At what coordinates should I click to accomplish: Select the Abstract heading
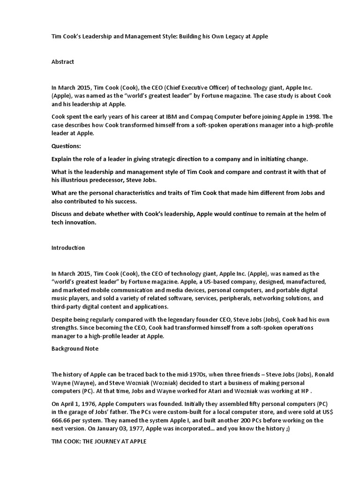coord(63,62)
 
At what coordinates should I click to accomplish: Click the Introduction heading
coord(68,247)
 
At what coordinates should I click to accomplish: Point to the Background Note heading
coord(75,349)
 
